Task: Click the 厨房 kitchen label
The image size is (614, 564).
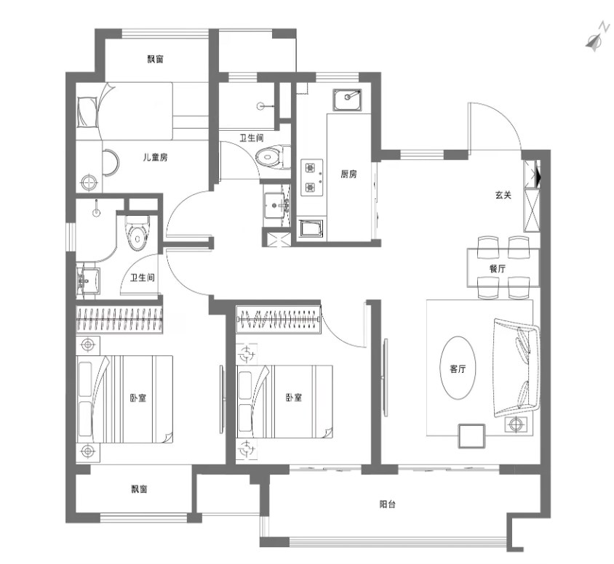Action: coord(348,174)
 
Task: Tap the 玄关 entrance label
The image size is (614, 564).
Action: coord(503,195)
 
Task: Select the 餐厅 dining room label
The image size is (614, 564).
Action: coord(498,269)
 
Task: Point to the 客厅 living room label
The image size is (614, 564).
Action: coord(458,368)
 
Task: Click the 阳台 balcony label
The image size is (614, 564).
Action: coord(388,504)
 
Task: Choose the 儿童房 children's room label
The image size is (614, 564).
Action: coord(156,157)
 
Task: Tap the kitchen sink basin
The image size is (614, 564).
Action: coord(347,99)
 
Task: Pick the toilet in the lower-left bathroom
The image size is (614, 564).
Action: coord(137,233)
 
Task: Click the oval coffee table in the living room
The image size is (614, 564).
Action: coord(458,368)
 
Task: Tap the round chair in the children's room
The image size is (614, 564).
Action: coord(111,163)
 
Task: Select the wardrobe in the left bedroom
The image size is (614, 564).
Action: coord(119,320)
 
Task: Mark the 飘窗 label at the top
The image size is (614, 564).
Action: coord(156,59)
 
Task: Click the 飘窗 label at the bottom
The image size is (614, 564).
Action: coord(139,489)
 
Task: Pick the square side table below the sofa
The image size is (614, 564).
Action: coord(471,435)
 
